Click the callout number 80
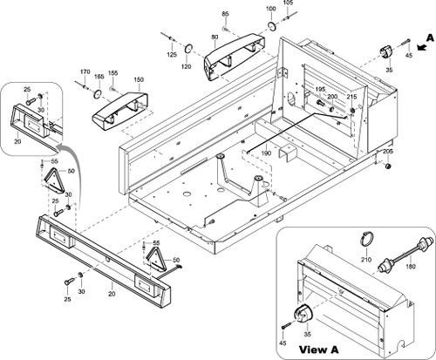[x=215, y=37]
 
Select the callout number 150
[x=139, y=79]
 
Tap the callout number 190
[x=267, y=153]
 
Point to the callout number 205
[x=388, y=152]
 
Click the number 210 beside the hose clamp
[x=366, y=260]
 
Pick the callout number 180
[x=410, y=267]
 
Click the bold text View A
[x=319, y=350]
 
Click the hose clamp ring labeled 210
[x=365, y=238]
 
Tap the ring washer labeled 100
[x=271, y=25]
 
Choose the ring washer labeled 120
[x=188, y=49]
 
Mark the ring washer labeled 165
[x=98, y=93]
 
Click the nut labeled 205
[x=387, y=166]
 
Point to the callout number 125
[x=172, y=54]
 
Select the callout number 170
[x=85, y=71]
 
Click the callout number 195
[x=320, y=89]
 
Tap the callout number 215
[x=351, y=96]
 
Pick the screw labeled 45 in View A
[x=285, y=326]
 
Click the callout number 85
[x=225, y=14]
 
